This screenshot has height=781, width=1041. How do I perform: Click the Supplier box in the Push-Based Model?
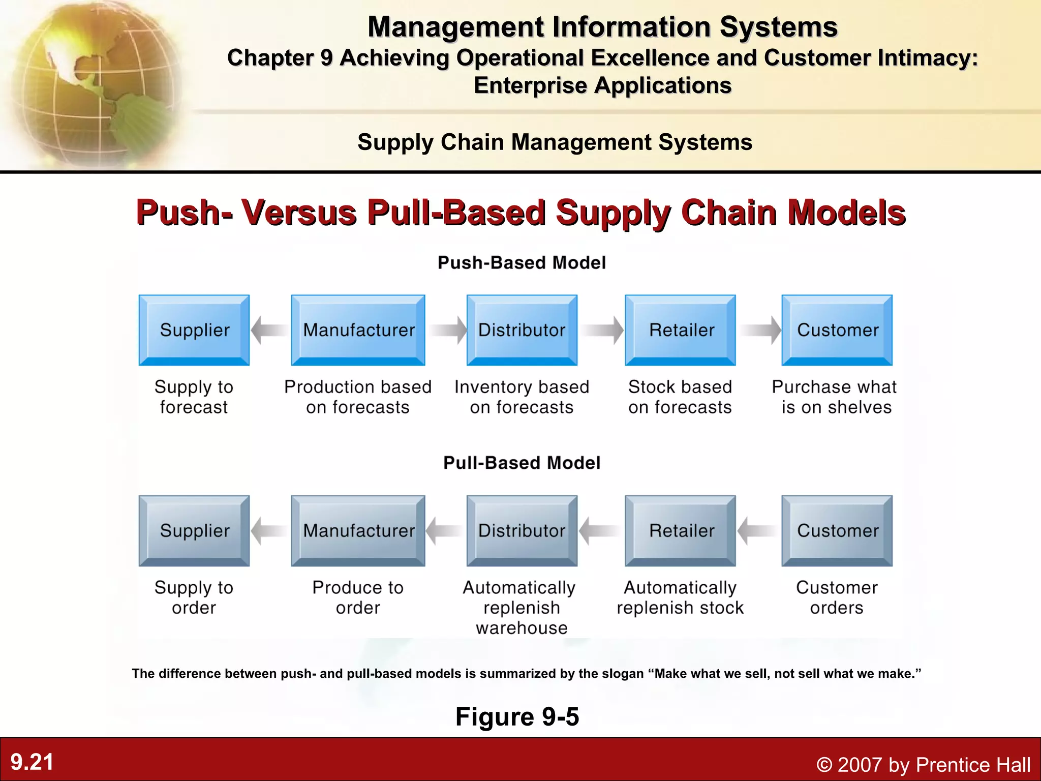[x=194, y=330]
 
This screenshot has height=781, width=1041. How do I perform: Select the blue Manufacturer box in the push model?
[x=358, y=330]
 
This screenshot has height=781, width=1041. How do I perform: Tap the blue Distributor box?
[x=522, y=330]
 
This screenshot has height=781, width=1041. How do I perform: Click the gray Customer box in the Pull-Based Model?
[x=837, y=531]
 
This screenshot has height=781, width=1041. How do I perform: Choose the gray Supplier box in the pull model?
[x=194, y=531]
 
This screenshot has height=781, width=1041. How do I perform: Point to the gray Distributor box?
[x=522, y=531]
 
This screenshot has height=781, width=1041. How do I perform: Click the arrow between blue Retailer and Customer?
[x=760, y=330]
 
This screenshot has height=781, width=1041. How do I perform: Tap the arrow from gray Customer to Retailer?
[x=757, y=531]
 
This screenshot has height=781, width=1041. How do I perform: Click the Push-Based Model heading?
[x=522, y=263]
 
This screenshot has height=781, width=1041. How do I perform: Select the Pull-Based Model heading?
[x=522, y=463]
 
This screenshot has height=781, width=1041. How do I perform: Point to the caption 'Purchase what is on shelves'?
[x=835, y=397]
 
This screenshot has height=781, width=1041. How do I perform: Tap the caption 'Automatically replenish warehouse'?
[x=520, y=608]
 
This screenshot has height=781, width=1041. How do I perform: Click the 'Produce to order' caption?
[x=358, y=597]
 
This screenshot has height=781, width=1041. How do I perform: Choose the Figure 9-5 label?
[x=517, y=716]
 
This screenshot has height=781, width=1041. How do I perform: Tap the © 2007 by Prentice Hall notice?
[x=923, y=765]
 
